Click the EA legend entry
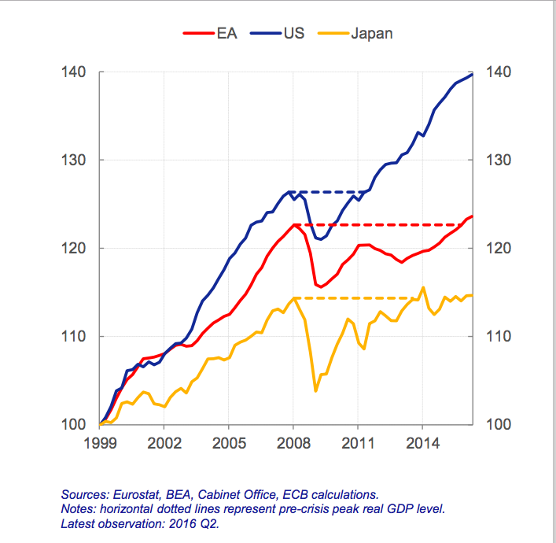(205, 33)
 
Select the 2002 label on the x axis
(164, 443)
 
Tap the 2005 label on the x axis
(228, 443)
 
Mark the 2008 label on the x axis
(293, 443)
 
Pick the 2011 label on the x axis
(358, 443)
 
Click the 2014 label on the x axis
(422, 443)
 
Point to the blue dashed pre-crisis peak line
(330, 191)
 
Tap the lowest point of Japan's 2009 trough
(315, 390)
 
